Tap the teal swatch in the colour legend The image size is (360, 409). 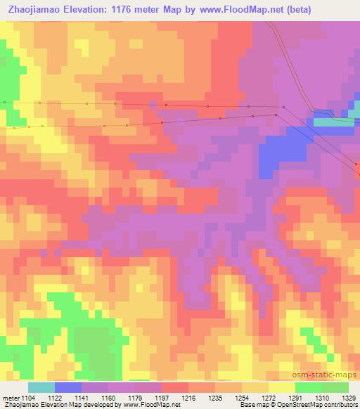(41, 387)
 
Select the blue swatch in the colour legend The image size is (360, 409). (68, 387)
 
